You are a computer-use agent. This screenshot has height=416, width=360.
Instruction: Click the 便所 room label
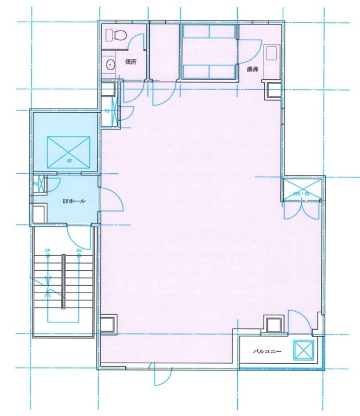[x=131, y=62]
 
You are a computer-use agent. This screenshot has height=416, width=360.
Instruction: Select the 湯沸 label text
[x=252, y=69]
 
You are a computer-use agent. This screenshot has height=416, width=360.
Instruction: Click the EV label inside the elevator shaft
[x=69, y=161]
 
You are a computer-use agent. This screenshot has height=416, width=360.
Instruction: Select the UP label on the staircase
[x=47, y=250]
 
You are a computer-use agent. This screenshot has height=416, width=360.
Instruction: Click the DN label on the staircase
[x=79, y=250]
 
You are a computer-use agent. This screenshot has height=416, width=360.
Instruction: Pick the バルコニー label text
[x=267, y=352]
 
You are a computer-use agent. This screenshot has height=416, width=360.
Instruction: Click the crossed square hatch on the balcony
[x=304, y=350]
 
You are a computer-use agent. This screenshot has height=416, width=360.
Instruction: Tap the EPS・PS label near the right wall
[x=301, y=194]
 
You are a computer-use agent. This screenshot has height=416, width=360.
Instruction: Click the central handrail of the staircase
[x=63, y=281]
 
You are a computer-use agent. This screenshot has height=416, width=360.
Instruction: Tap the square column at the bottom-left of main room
[x=108, y=324]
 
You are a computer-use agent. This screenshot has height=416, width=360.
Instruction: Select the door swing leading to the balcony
[x=300, y=321]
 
